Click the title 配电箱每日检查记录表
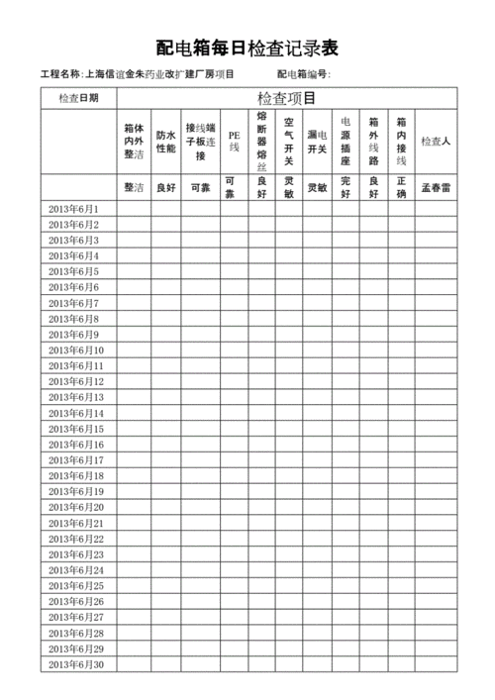(247, 48)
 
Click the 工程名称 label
(60, 75)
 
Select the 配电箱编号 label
(303, 75)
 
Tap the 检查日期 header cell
(78, 98)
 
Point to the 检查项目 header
(286, 98)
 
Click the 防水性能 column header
(165, 142)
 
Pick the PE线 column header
(234, 141)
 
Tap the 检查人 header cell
(436, 142)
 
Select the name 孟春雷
(436, 187)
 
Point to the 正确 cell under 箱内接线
(401, 187)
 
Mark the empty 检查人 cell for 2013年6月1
(436, 209)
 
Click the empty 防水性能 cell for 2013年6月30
(165, 664)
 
